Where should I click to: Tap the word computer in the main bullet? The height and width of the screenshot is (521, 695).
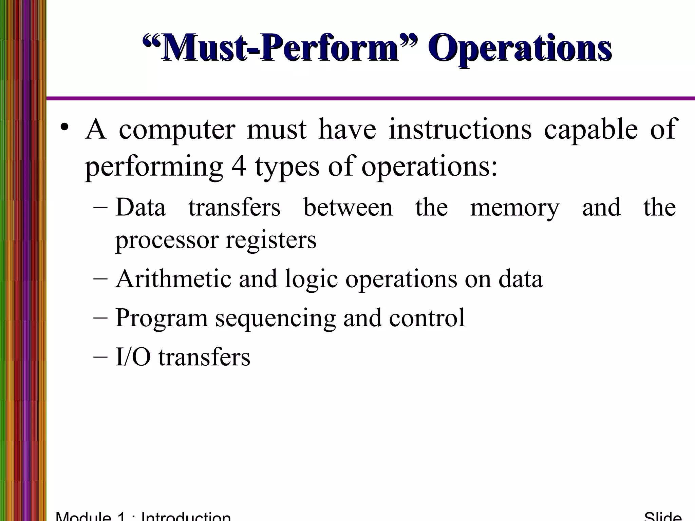[177, 130]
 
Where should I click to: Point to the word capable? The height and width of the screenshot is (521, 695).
[591, 130]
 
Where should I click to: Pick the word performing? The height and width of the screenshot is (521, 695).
[154, 167]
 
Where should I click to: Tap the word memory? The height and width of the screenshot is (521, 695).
[514, 208]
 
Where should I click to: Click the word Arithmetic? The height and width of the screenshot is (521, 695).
[173, 278]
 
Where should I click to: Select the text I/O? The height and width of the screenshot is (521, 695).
[133, 357]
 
